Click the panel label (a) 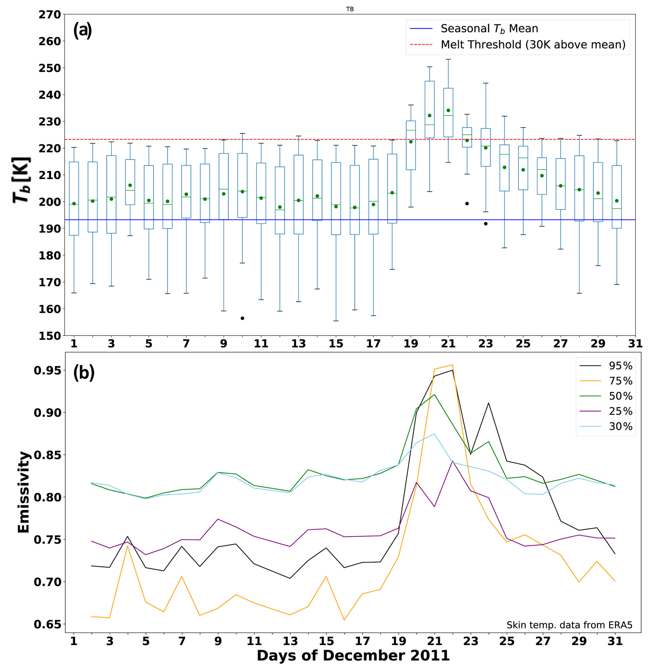coord(82,30)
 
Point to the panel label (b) coord(84,373)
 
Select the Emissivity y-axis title coord(24,492)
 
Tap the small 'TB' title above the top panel coord(350,9)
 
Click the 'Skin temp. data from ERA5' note coord(569,625)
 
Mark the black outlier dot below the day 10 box coord(243,318)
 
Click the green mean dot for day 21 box coord(448,110)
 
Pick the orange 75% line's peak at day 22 coord(453,365)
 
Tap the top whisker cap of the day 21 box coord(448,60)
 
